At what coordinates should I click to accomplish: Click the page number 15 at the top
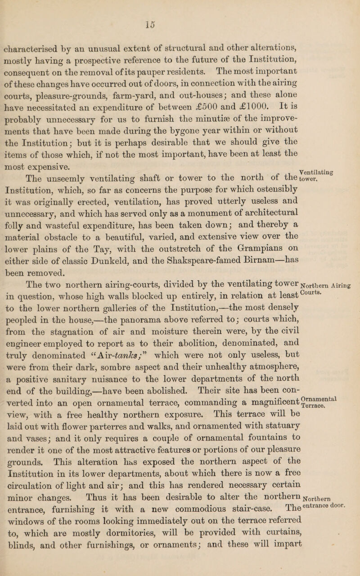click(x=182, y=8)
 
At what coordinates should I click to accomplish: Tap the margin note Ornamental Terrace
click(x=336, y=375)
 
